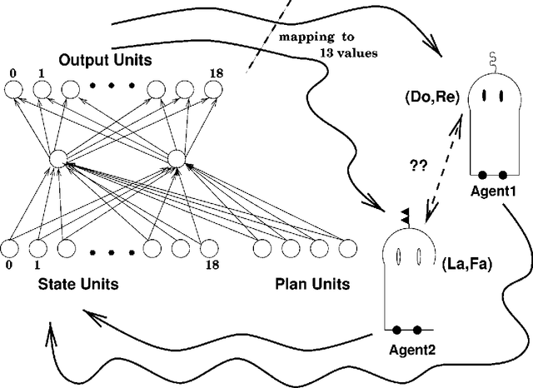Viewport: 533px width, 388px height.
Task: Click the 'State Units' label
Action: coord(78,284)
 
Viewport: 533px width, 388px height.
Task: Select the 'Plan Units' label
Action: coord(312,284)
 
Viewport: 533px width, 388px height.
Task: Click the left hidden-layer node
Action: coord(58,157)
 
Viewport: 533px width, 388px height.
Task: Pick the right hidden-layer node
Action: coord(177,157)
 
